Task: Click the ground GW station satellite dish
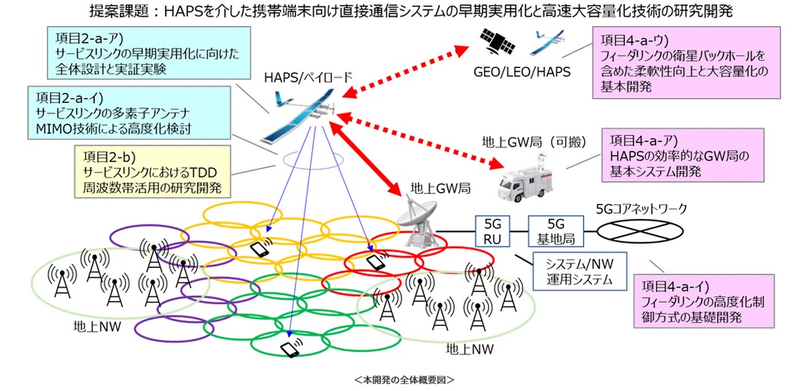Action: pyautogui.click(x=421, y=219)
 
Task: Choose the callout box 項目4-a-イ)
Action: pyautogui.click(x=704, y=300)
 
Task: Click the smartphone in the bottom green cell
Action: pyautogui.click(x=290, y=350)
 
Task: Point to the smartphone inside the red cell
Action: pyautogui.click(x=376, y=261)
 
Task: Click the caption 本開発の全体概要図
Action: pyautogui.click(x=404, y=379)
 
